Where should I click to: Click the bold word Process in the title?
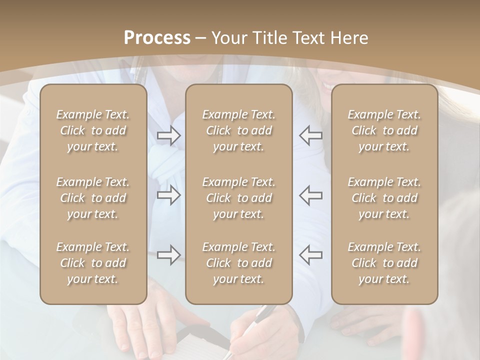coord(157,38)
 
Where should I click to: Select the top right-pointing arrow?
coord(168,135)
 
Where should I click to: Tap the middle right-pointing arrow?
coord(168,195)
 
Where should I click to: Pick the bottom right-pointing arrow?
coord(168,255)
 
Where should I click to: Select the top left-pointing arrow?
coord(311,135)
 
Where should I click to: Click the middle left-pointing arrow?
coord(311,195)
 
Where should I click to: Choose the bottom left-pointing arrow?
coord(311,255)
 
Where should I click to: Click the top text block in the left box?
coord(93,130)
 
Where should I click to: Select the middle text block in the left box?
coord(93,198)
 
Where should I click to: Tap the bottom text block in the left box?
coord(93,263)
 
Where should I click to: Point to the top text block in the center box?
coord(239,130)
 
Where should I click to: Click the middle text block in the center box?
coord(239,198)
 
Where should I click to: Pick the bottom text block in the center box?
coord(239,263)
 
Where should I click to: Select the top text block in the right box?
coord(384,130)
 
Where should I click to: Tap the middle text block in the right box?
coord(384,198)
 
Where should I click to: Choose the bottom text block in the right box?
coord(384,263)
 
